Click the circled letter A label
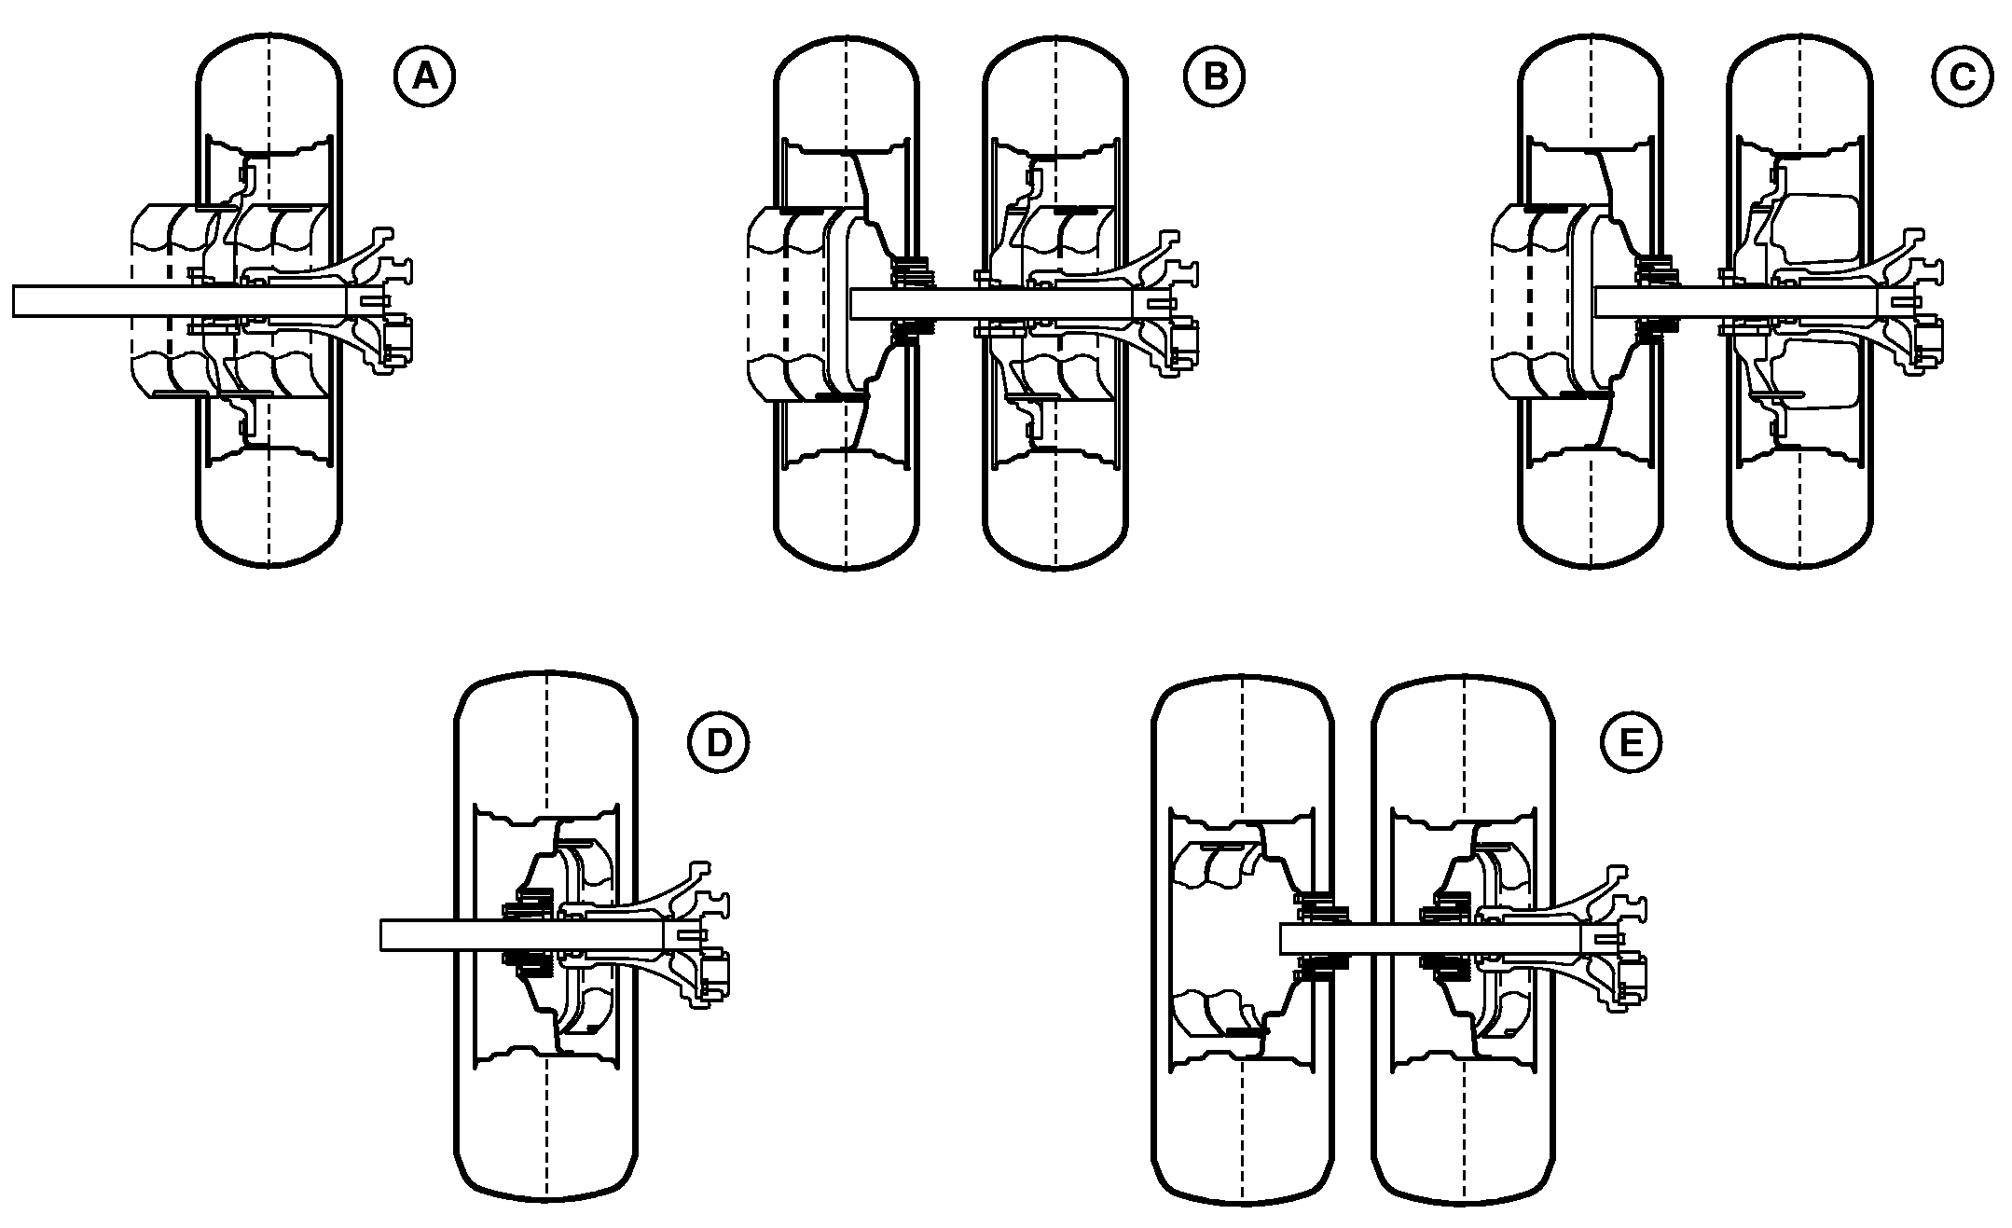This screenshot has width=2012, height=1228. click(x=424, y=76)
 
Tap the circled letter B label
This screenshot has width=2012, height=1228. click(x=1215, y=76)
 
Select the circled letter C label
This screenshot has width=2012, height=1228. click(x=1963, y=76)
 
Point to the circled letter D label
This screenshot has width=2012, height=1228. click(x=718, y=742)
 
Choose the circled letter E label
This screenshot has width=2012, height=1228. click(x=1631, y=742)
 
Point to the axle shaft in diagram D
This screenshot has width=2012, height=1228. click(x=523, y=935)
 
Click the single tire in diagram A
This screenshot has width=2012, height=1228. click(x=269, y=300)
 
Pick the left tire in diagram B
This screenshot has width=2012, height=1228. click(x=847, y=300)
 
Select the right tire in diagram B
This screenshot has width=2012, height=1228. click(x=1055, y=300)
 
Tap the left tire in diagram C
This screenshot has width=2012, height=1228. click(x=1591, y=300)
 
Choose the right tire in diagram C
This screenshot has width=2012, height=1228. click(x=1800, y=300)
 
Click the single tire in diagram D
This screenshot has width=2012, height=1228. click(x=546, y=935)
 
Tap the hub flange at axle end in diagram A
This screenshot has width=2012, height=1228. click(x=382, y=300)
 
